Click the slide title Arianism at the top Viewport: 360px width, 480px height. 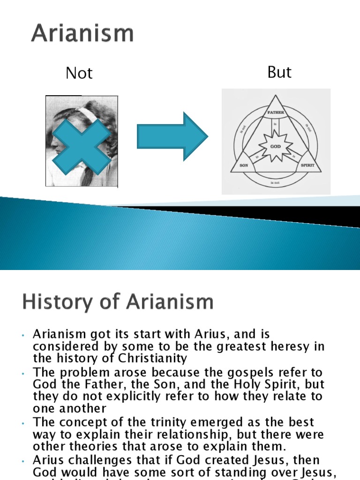(x=82, y=34)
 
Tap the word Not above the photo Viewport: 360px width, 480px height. (x=79, y=73)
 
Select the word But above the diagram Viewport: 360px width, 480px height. (x=279, y=72)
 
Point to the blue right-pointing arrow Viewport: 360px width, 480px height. (x=172, y=136)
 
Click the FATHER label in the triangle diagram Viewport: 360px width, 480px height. (x=276, y=112)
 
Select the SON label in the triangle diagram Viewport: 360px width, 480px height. (x=244, y=165)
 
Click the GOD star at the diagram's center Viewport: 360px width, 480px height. (x=276, y=146)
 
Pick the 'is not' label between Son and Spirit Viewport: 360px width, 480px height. (x=276, y=182)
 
